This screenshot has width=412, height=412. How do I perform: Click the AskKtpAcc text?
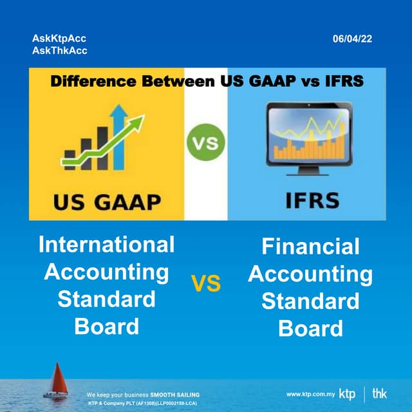pos(59,39)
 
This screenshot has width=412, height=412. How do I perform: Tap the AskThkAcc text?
pos(59,50)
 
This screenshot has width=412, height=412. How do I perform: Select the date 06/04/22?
pos(352,39)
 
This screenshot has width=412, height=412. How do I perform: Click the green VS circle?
pos(205,142)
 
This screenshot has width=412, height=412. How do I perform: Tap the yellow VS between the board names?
pos(205,283)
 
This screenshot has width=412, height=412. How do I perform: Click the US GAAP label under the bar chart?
pos(107,202)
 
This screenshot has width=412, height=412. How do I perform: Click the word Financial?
pos(310,246)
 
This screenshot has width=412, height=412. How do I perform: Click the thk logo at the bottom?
pos(380,393)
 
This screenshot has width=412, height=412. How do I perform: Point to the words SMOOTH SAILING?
pos(175,394)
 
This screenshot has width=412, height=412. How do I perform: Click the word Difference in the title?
pos(89,82)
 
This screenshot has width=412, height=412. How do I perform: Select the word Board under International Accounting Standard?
pos(107,326)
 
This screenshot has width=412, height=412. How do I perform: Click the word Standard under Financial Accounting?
pos(310,301)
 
